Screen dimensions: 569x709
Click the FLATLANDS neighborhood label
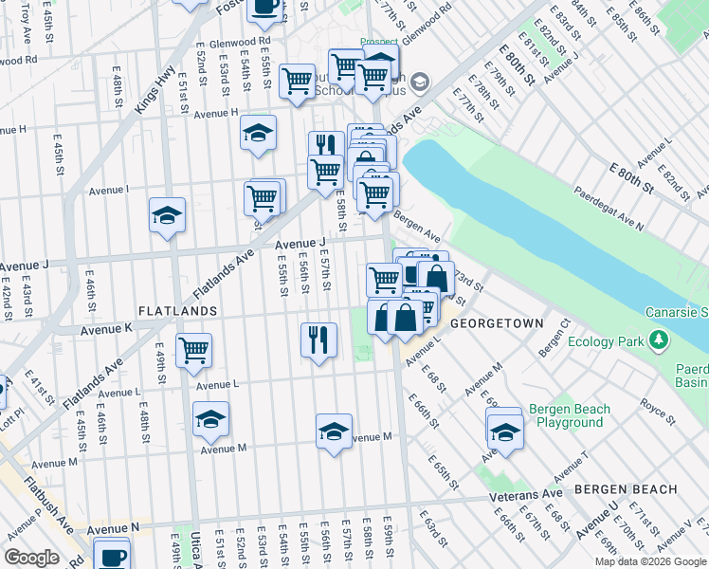tap(177, 311)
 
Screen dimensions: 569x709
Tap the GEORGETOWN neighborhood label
tap(497, 323)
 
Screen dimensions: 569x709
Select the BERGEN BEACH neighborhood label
tap(626, 489)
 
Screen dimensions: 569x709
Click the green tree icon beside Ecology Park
tap(660, 341)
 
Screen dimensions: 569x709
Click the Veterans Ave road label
tap(526, 495)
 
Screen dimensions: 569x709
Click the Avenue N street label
tap(113, 527)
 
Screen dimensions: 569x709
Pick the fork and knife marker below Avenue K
tap(318, 340)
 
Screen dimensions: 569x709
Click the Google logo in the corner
tap(31, 559)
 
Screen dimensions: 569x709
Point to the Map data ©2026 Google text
tap(649, 562)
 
